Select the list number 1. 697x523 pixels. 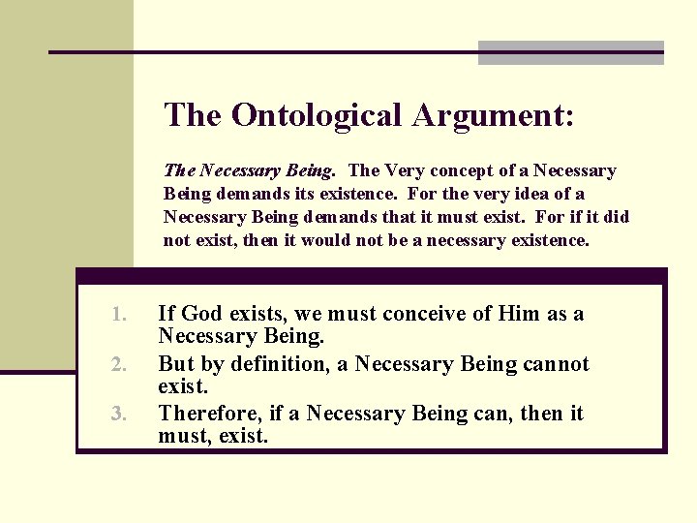coord(119,314)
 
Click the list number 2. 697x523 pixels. coord(119,364)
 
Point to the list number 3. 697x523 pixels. coord(119,415)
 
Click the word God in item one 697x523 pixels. coord(201,314)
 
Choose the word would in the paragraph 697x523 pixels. coord(330,240)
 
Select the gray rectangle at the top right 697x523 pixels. coord(571,52)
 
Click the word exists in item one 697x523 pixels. coord(259,314)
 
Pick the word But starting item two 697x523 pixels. coord(176,365)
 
